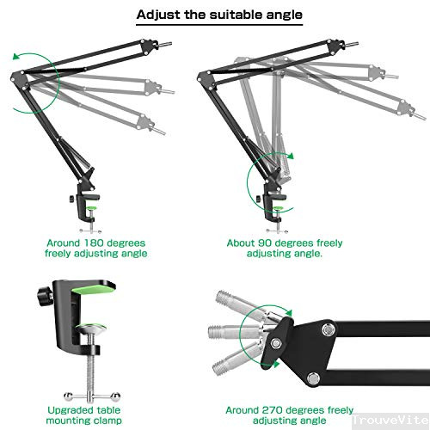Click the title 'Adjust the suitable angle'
[x=214, y=15]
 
